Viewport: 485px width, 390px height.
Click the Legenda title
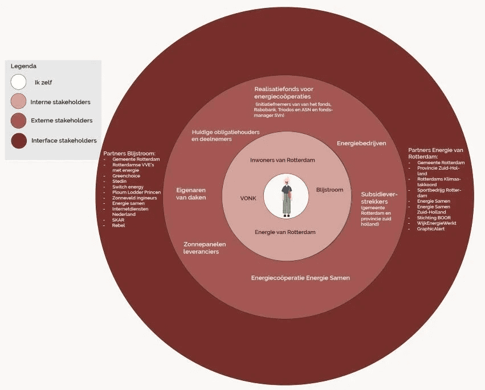click(23, 66)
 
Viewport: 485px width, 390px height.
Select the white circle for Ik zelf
click(19, 82)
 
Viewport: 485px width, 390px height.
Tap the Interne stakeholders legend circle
click(19, 101)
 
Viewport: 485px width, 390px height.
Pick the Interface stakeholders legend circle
click(19, 140)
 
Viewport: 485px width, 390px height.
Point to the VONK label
click(249, 199)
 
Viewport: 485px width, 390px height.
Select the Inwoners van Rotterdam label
click(282, 160)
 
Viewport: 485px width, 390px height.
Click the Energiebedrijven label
click(361, 143)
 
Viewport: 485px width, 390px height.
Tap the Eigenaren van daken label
click(191, 194)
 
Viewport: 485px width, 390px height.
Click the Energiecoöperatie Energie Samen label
click(300, 278)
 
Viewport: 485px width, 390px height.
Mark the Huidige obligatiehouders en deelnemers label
click(226, 136)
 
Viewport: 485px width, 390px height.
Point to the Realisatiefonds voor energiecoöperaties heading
click(284, 93)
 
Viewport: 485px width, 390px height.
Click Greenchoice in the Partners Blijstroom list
click(126, 176)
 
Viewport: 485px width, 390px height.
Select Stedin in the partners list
click(119, 182)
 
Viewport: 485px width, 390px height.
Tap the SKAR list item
click(118, 220)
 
